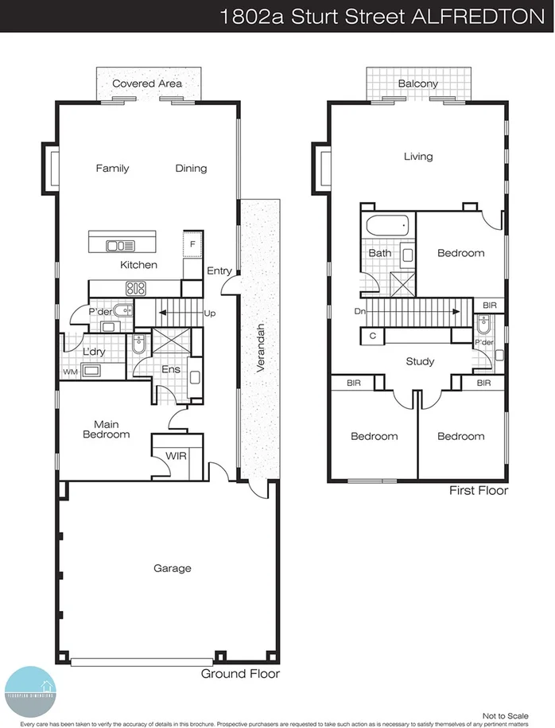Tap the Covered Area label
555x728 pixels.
coord(146,84)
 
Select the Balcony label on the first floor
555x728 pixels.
coord(417,84)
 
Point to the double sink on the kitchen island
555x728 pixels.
coord(121,246)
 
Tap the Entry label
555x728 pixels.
coord(219,271)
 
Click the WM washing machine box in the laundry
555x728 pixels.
coord(69,372)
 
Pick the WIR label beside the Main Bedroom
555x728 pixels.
coord(176,457)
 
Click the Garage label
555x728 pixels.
coord(173,568)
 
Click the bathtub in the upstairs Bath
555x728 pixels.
coord(388,226)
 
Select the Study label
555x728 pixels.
coord(419,361)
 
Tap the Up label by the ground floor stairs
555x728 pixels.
coord(210,313)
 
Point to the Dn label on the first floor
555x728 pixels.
coord(359,311)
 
